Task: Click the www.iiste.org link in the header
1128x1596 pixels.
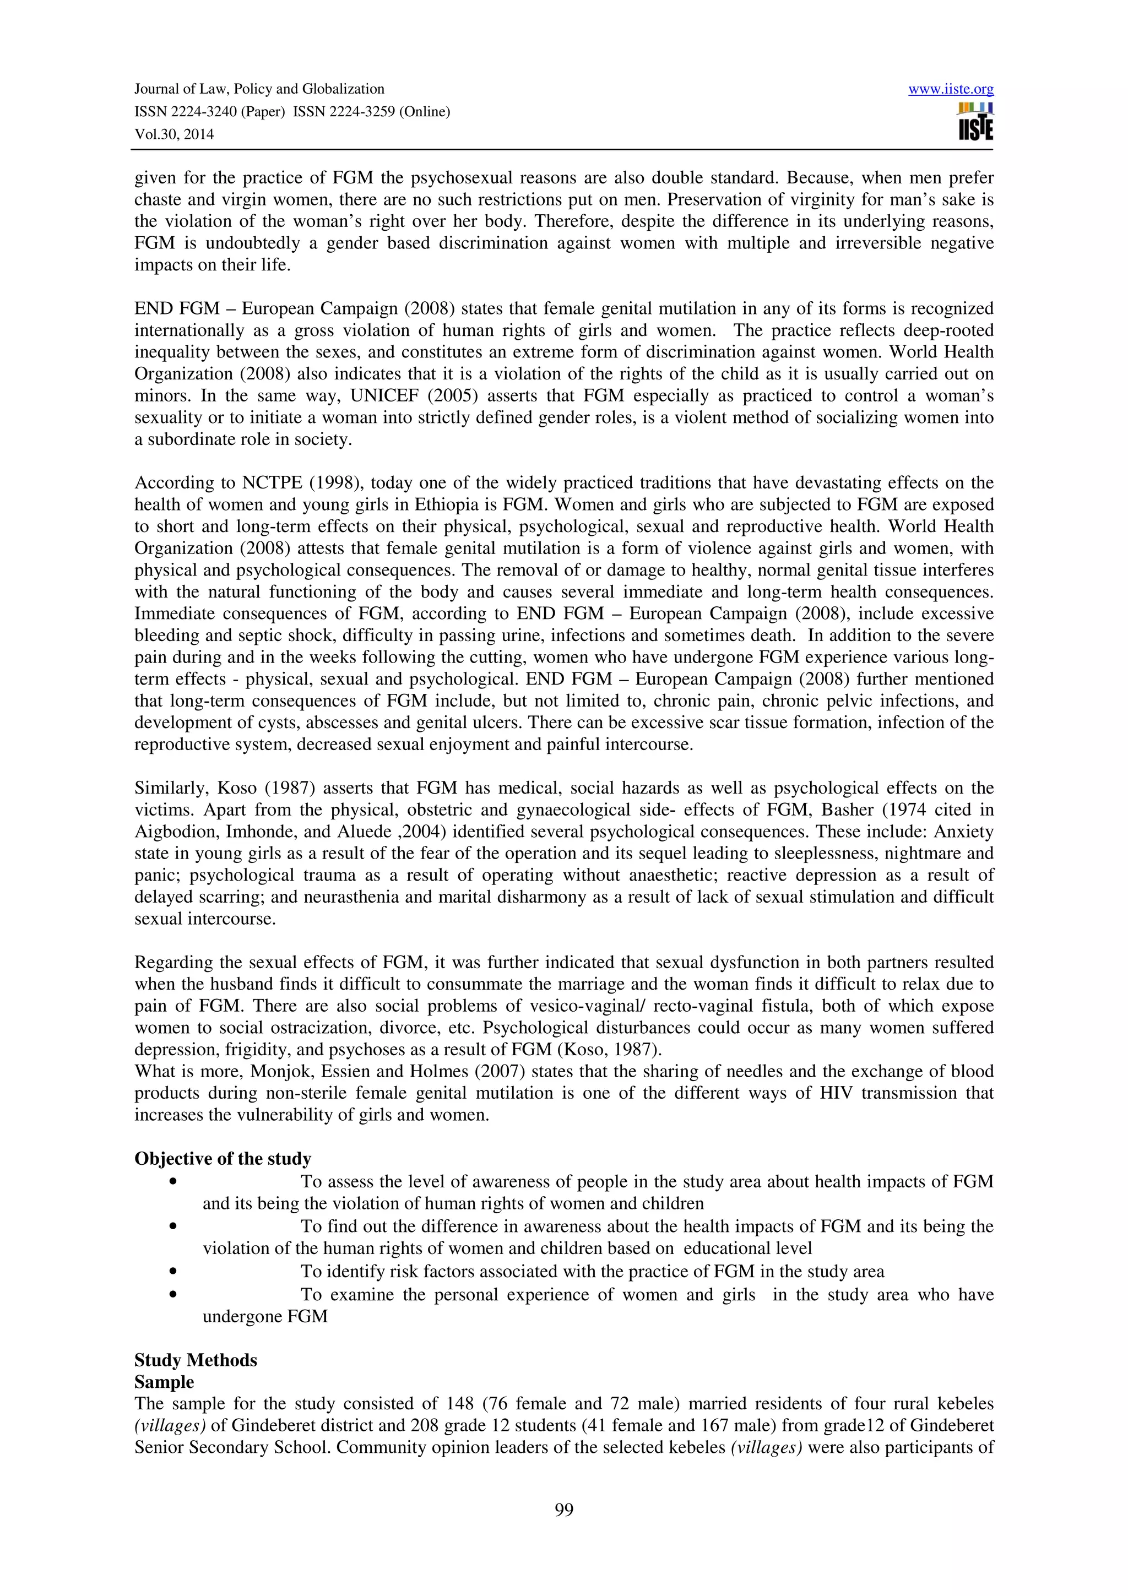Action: click(x=950, y=89)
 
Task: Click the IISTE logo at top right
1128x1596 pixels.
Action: click(x=975, y=122)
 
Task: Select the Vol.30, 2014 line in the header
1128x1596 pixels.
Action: click(x=173, y=135)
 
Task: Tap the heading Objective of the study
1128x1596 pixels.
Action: click(x=223, y=1159)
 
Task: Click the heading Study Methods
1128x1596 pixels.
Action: click(x=196, y=1360)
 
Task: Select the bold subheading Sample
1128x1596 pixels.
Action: click(x=164, y=1382)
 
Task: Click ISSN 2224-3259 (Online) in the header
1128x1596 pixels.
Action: click(x=371, y=112)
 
